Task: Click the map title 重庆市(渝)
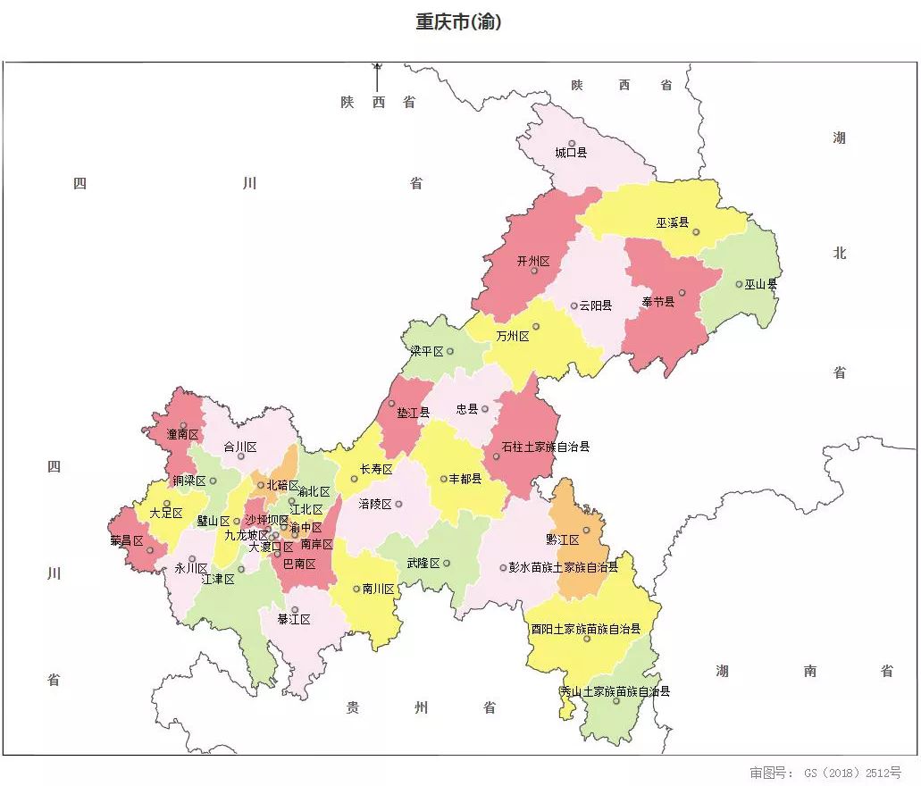tap(458, 22)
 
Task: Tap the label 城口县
tap(571, 153)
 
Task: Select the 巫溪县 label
tap(673, 222)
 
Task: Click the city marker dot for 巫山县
tap(739, 284)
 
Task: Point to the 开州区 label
tap(533, 261)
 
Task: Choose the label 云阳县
tap(596, 305)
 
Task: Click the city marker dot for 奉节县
tap(682, 292)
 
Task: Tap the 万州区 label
tap(513, 337)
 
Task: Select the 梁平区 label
tap(427, 351)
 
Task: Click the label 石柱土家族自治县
tap(546, 447)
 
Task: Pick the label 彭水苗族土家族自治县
tap(563, 567)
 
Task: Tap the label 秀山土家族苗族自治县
tap(615, 691)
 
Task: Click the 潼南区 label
tap(182, 435)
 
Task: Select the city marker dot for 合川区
tap(240, 456)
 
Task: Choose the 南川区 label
tap(378, 589)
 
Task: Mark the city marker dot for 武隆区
tap(447, 563)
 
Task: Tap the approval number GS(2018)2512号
tap(825, 772)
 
